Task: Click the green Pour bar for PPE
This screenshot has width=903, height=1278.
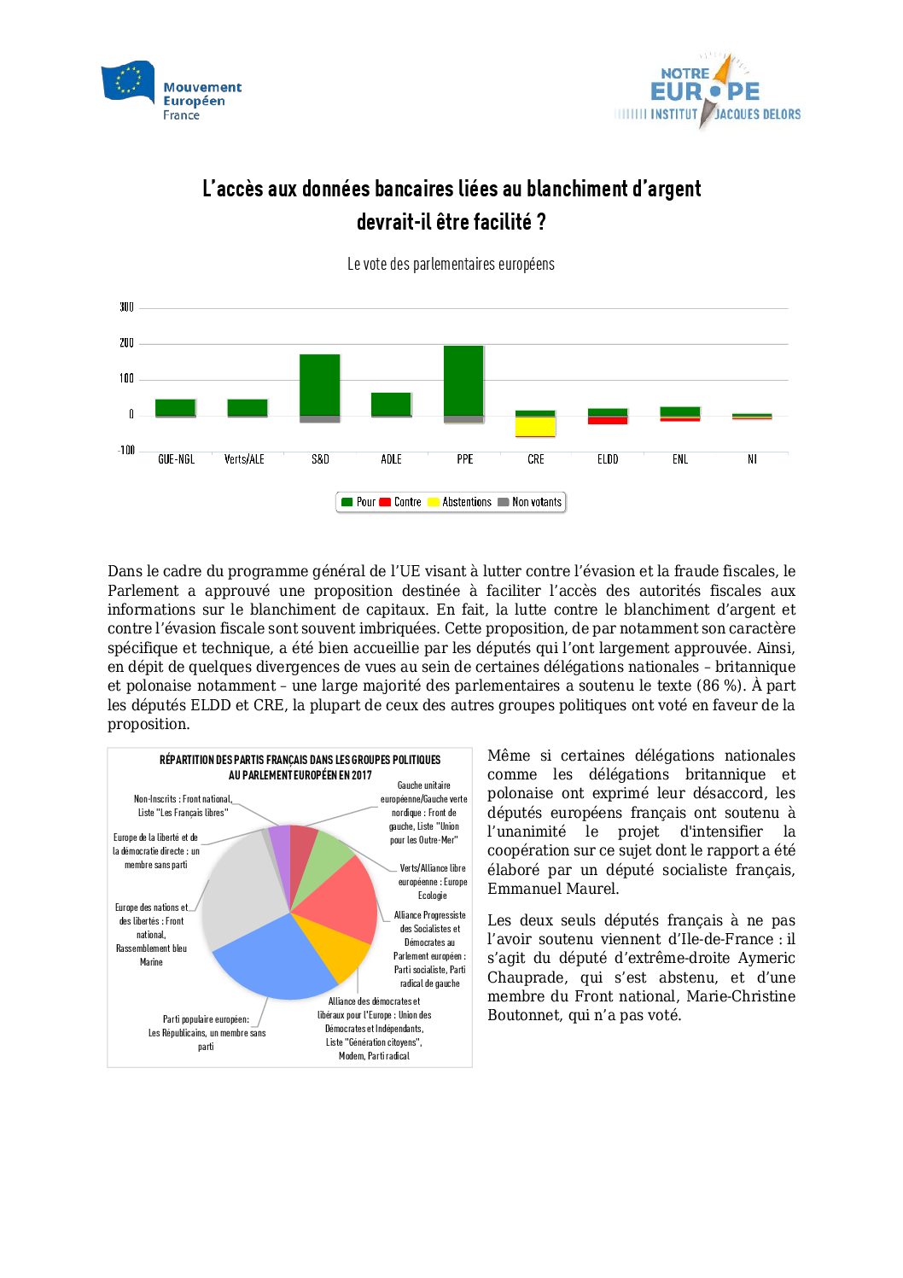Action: coord(463,380)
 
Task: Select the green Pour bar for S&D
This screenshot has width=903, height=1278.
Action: coord(319,384)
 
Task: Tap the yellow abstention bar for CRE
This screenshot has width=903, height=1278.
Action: coord(535,426)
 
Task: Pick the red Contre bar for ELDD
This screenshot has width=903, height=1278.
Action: coord(608,420)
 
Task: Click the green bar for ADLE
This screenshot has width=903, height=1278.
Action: coord(391,404)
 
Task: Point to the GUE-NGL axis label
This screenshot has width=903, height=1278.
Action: coord(176,459)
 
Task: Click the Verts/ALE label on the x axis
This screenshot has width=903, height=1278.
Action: coord(244,459)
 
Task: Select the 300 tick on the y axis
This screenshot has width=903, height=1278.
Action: coord(126,307)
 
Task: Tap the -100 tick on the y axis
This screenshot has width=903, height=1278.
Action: coord(126,450)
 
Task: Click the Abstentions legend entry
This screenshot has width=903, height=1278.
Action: coord(460,502)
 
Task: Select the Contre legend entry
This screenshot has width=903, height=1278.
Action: coord(400,502)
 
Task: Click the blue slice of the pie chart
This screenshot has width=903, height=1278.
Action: coord(273,960)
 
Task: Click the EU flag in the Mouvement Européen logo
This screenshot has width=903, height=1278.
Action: coord(128,82)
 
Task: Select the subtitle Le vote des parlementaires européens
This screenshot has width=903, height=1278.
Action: coord(451,265)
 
